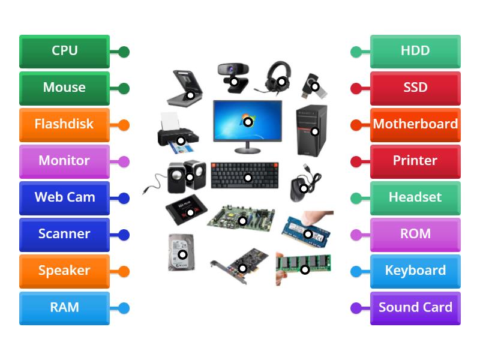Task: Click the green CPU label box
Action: click(x=64, y=51)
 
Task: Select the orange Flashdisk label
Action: click(x=64, y=124)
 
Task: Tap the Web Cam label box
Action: click(x=64, y=197)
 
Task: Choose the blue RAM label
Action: click(x=64, y=308)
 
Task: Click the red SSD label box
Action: click(x=415, y=88)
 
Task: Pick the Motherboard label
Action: click(x=415, y=124)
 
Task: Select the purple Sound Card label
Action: click(x=415, y=308)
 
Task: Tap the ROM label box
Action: click(x=415, y=234)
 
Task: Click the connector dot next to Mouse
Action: click(x=124, y=89)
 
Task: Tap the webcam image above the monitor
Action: click(x=233, y=75)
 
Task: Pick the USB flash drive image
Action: click(x=314, y=86)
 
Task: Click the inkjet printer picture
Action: click(x=178, y=133)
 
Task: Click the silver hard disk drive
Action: click(x=182, y=253)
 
